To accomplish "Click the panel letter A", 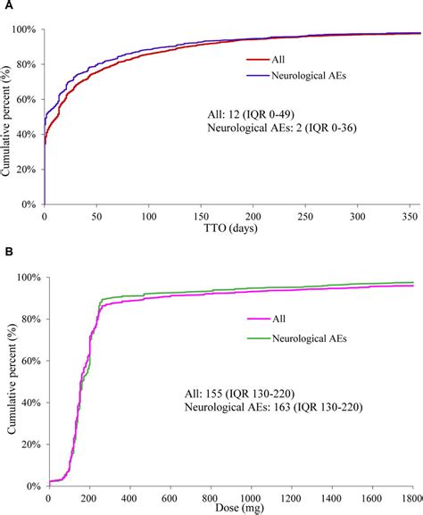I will tap(5, 6).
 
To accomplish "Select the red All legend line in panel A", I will tap(259, 61).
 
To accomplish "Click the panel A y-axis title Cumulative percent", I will tap(8, 116).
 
